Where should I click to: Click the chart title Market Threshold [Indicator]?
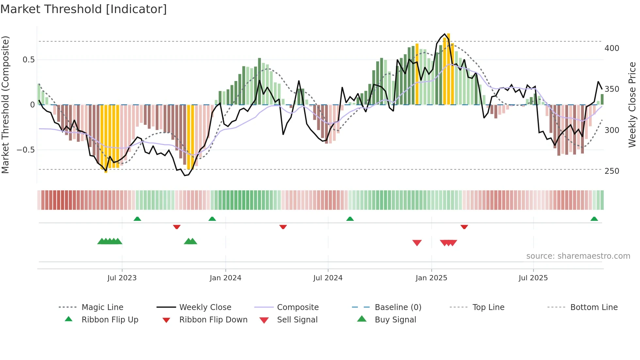[x=84, y=9]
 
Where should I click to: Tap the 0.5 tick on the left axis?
[x=28, y=60]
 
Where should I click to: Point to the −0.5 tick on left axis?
[x=26, y=150]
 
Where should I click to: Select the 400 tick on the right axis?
[x=612, y=48]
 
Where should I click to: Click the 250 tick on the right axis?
[x=612, y=171]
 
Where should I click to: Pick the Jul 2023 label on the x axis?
[x=122, y=278]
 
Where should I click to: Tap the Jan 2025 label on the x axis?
[x=431, y=278]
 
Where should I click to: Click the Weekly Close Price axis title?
[x=632, y=105]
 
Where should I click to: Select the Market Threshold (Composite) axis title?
[x=5, y=105]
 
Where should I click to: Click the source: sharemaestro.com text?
[x=578, y=256]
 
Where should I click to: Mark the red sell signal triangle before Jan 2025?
[x=417, y=243]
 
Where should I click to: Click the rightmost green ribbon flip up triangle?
[x=594, y=219]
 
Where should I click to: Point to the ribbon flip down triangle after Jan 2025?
[x=464, y=227]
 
